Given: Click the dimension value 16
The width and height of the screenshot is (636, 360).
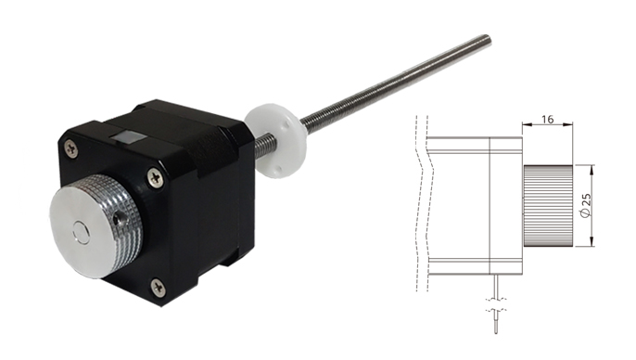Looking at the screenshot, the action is tap(547, 119).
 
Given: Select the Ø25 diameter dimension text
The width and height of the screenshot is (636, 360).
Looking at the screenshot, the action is tap(585, 206).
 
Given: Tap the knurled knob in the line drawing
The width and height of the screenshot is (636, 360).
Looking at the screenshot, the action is tap(548, 206).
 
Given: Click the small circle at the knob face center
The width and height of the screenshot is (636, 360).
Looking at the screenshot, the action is tap(82, 233).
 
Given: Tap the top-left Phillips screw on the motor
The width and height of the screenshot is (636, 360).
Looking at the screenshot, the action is tap(71, 148).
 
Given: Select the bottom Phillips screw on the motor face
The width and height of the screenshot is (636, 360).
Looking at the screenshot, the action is tap(158, 288).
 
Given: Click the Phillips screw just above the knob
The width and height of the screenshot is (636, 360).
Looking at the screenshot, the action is tap(156, 177).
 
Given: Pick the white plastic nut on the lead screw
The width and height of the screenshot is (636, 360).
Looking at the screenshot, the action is tap(276, 141).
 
